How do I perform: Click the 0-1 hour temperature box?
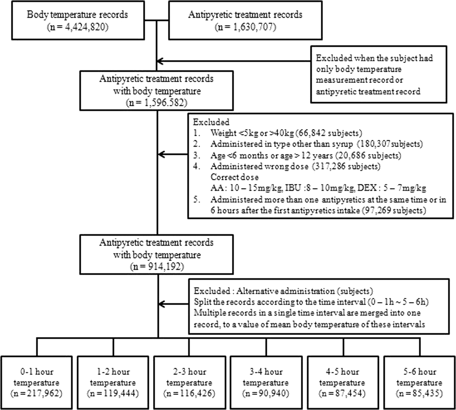(37, 383)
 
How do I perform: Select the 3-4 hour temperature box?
(266, 383)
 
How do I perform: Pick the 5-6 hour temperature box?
(419, 383)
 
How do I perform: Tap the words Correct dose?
(235, 177)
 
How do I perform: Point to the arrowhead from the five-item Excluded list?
(161, 155)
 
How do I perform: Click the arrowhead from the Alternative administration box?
(161, 304)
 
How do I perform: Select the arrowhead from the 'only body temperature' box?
(160, 61)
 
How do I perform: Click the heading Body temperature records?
(77, 15)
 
